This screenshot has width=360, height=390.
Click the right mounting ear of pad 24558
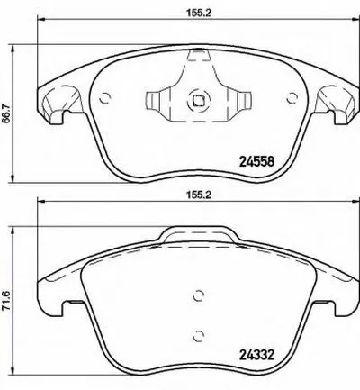339,103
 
